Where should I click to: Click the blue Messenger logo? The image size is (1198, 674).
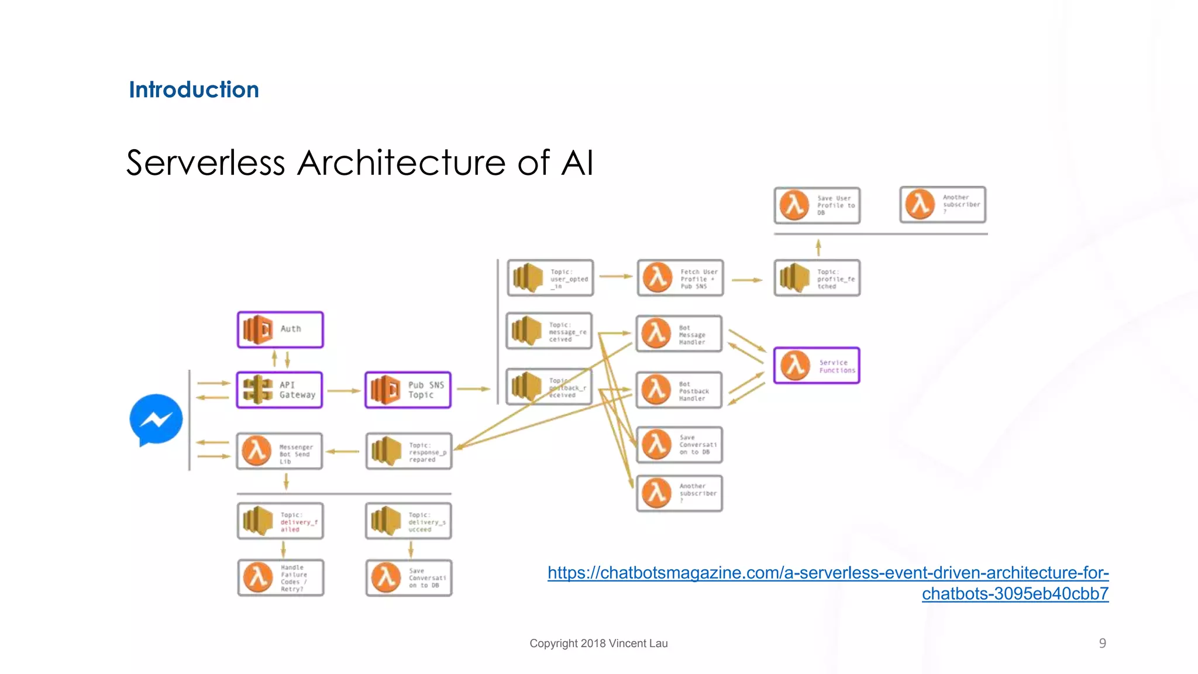[x=156, y=419]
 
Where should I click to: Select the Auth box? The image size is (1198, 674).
[x=280, y=329]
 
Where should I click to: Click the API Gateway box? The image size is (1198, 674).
[x=280, y=390]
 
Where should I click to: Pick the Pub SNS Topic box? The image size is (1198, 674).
[x=408, y=390]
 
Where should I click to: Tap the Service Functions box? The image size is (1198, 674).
[x=817, y=366]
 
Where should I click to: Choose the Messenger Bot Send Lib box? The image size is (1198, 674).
[x=280, y=451]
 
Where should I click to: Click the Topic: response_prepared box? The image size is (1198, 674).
[x=409, y=451]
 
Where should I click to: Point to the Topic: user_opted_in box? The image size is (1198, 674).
[x=550, y=278]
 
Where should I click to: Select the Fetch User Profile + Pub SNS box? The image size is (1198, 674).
[x=680, y=278]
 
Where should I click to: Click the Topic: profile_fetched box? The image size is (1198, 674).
[x=817, y=278]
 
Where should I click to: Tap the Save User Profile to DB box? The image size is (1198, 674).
[x=817, y=205]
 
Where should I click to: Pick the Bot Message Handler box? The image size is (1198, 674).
[x=679, y=333]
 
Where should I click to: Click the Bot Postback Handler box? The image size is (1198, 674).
[x=679, y=390]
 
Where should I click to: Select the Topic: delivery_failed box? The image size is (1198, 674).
[x=280, y=521]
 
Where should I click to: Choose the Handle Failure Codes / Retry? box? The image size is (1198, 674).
[x=281, y=577]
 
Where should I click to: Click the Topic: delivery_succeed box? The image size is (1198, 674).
[x=409, y=521]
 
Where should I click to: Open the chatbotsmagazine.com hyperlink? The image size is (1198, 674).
[x=828, y=573]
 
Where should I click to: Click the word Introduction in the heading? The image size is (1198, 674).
[x=194, y=90]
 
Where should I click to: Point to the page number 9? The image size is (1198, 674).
[x=1102, y=643]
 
